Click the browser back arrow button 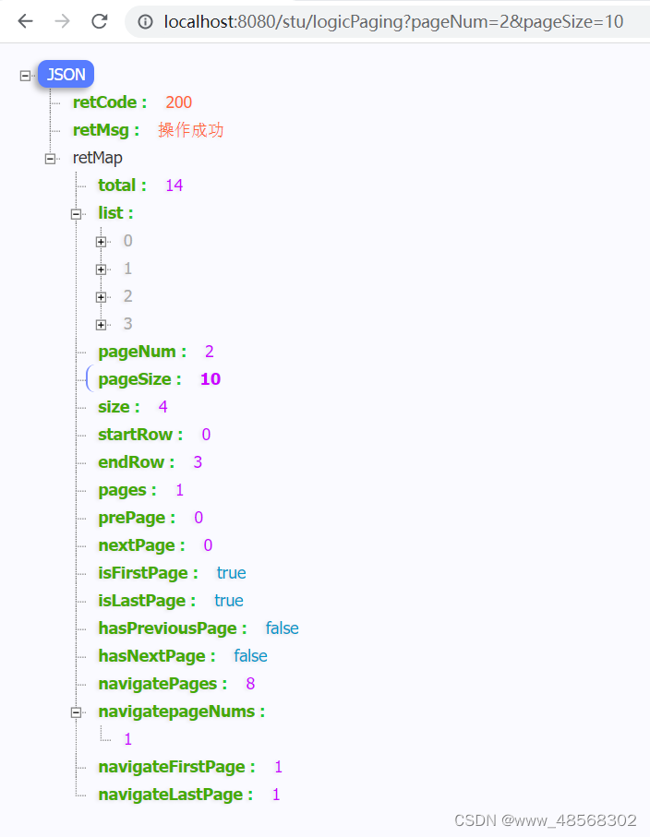[25, 21]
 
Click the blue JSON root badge [66, 75]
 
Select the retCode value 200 [179, 102]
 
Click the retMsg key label [105, 130]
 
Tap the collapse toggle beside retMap [51, 159]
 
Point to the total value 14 [174, 185]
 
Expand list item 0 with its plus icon [102, 242]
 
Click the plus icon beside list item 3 [102, 325]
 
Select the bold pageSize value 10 [210, 379]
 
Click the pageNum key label [141, 352]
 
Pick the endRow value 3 [198, 462]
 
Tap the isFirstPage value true [231, 573]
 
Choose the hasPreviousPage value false [282, 628]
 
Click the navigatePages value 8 [250, 684]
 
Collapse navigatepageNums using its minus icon [77, 712]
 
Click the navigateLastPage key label [175, 795]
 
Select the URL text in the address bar [392, 21]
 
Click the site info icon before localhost [145, 21]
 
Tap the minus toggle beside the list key [77, 214]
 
